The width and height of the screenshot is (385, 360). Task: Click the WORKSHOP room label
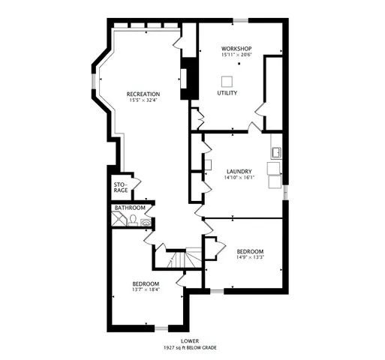point(236,48)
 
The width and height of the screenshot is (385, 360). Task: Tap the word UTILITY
point(227,93)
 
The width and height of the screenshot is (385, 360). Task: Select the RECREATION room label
point(143,94)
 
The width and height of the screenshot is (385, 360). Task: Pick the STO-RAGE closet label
point(121,187)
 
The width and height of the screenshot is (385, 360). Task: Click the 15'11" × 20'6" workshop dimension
point(236,55)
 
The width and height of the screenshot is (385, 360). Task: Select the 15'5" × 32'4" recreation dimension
point(143,100)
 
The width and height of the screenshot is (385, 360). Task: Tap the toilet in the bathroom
point(133,220)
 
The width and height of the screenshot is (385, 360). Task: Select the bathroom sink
point(145,221)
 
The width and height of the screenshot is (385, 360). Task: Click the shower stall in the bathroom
point(119,219)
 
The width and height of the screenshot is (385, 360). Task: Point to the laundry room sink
point(275,153)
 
